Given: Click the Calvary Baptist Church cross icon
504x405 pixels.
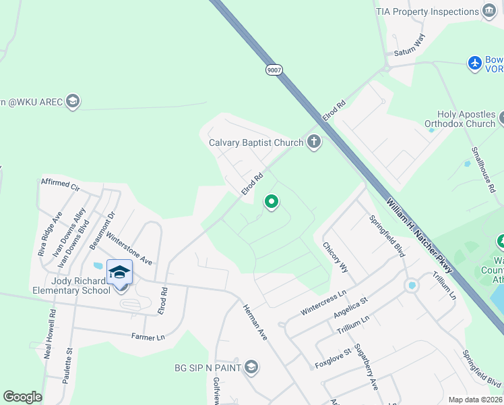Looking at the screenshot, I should coord(313,142).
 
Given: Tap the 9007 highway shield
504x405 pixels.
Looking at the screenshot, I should coord(274,70).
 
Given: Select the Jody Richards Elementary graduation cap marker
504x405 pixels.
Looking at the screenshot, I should coord(119,272).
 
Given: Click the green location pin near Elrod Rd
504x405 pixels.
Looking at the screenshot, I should coord(272,202).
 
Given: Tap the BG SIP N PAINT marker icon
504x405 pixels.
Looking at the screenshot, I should coord(251,367).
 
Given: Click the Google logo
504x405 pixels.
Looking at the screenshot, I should coord(22,397).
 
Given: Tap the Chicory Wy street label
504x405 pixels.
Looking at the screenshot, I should coord(335,257).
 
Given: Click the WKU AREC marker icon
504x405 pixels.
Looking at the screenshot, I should coord(73,102).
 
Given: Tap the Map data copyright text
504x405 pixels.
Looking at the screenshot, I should coord(475,400).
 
